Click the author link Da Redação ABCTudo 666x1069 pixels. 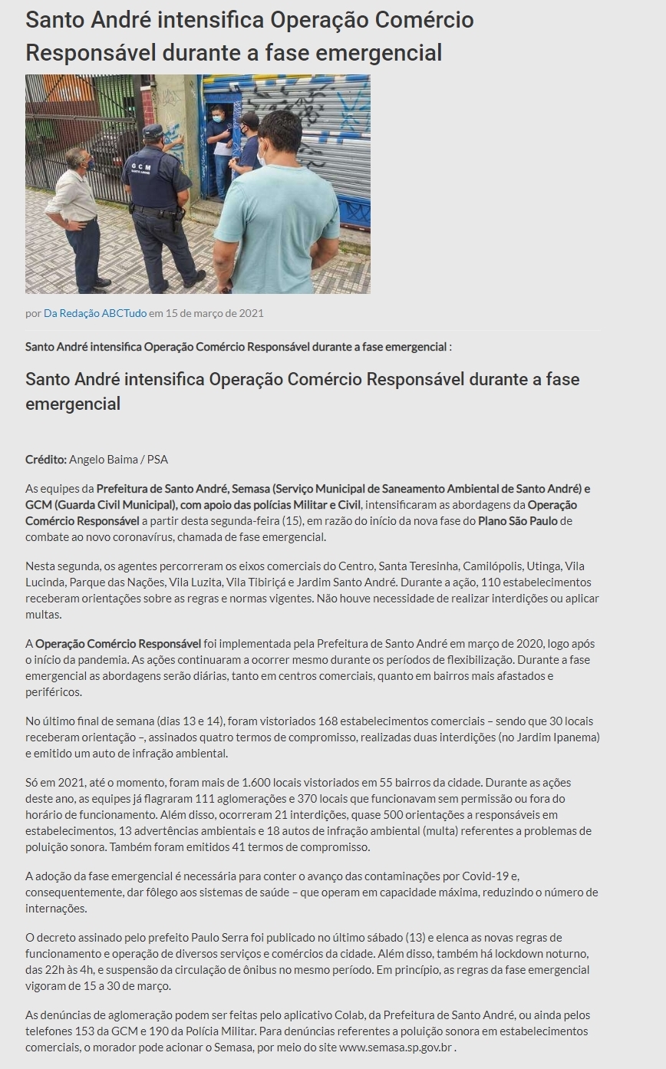coord(94,313)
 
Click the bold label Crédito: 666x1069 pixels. coord(45,459)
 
